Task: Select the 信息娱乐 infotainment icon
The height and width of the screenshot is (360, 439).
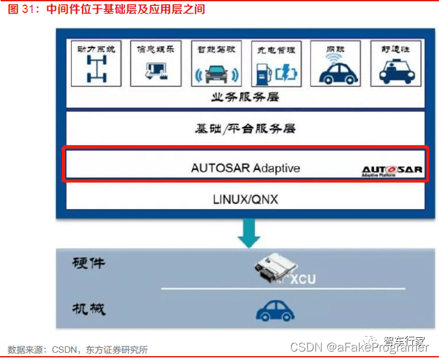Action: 155,70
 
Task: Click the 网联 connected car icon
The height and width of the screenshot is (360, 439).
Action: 334,70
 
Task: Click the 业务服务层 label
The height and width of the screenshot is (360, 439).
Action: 245,98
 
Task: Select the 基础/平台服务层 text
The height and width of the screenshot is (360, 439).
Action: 245,129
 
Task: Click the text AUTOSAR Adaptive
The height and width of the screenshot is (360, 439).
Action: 245,167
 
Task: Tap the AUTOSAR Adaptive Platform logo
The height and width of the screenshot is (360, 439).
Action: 392,171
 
